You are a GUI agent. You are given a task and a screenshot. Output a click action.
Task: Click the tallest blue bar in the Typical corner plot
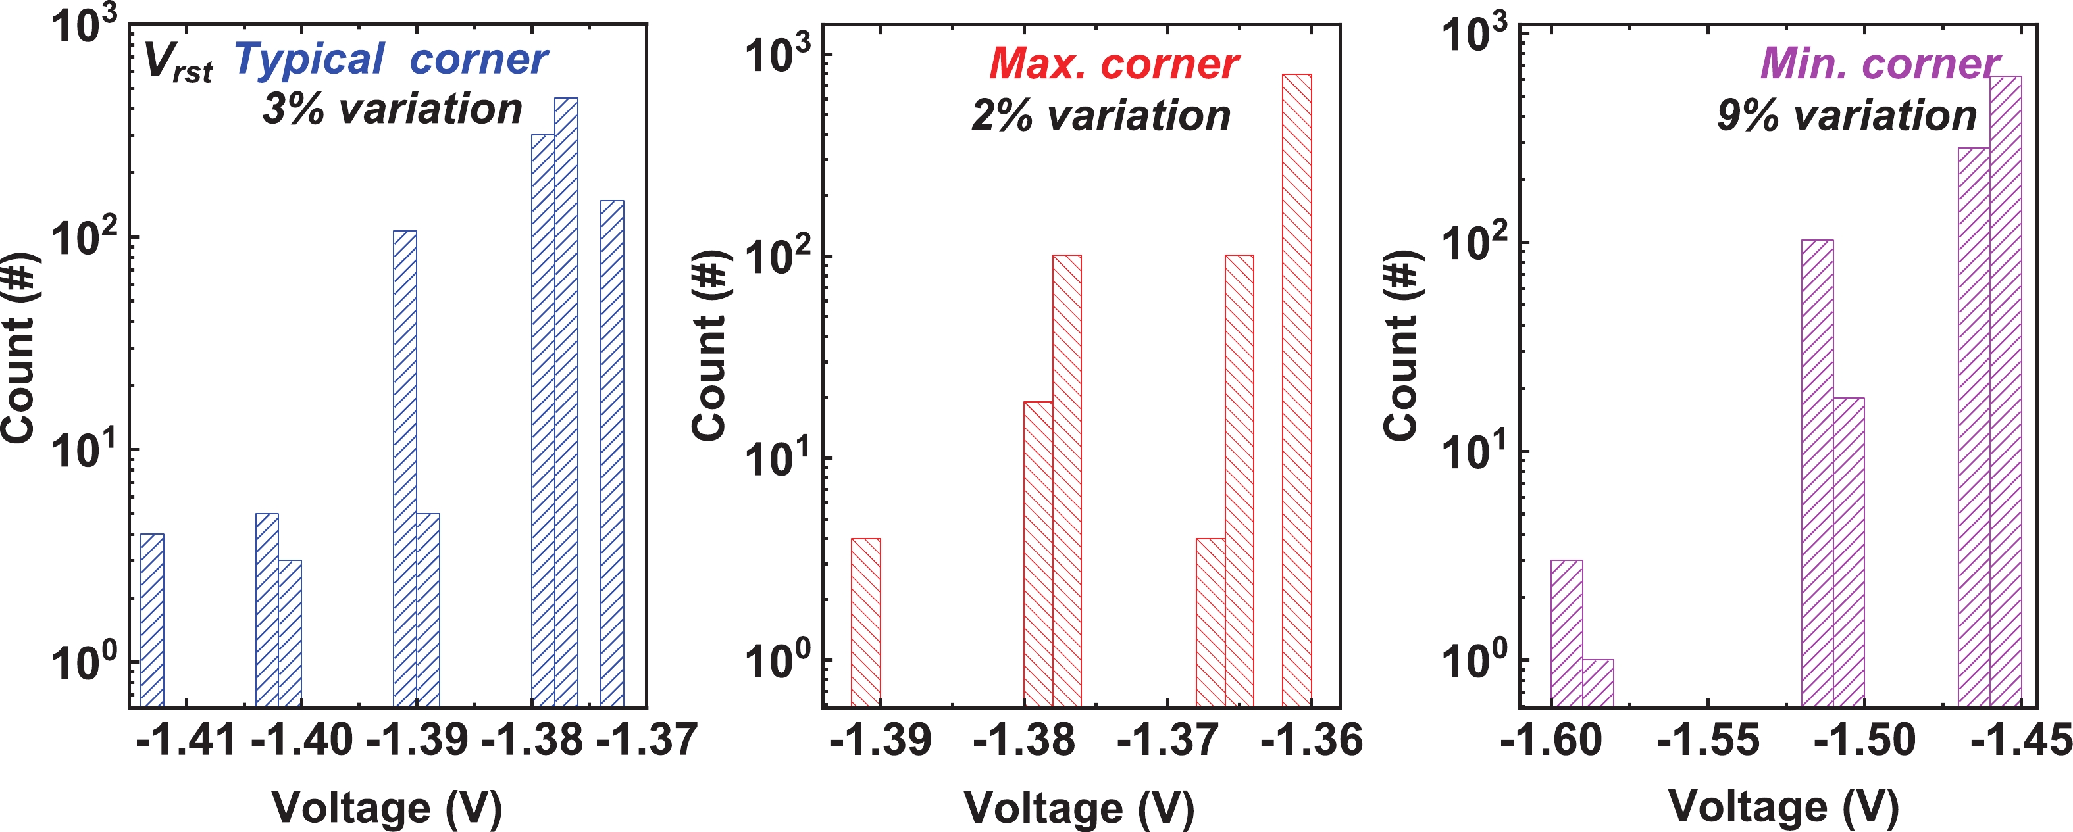[566, 403]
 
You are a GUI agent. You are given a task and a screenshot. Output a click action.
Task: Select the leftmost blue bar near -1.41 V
[152, 620]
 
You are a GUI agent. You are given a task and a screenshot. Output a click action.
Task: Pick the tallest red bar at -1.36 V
[1296, 390]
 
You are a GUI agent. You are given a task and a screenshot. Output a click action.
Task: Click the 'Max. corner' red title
[1113, 64]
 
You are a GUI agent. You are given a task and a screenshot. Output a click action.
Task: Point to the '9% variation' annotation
[1847, 116]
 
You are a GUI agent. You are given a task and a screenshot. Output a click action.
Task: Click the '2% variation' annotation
[1101, 116]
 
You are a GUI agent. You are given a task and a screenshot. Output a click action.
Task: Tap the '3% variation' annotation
[392, 109]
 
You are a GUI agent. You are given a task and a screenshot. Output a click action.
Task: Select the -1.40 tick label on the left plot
[302, 739]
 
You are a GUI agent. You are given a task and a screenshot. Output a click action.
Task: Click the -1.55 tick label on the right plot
[1708, 739]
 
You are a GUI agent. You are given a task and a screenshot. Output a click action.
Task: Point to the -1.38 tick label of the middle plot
[1023, 739]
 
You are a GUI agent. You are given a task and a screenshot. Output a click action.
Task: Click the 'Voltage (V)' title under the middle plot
[1079, 807]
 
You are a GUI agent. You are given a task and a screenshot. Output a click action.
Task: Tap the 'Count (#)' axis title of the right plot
[1401, 346]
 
